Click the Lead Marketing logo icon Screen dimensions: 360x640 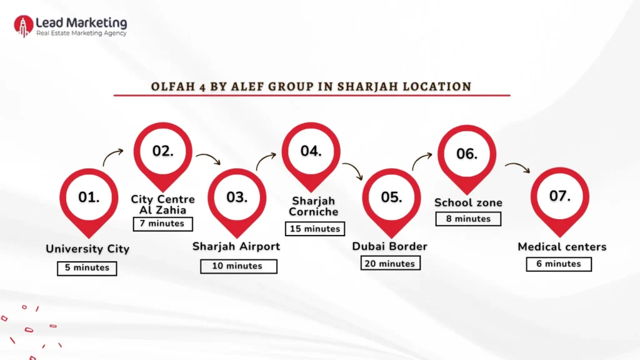(24, 26)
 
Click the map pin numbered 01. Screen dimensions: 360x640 (89, 198)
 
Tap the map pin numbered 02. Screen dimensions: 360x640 (163, 152)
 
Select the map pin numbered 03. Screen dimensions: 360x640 (237, 198)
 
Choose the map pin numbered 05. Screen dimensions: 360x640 (391, 198)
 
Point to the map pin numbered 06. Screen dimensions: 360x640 (466, 154)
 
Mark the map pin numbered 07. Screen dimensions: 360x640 (559, 197)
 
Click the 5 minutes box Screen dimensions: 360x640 (87, 268)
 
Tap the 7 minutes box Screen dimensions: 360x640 (162, 224)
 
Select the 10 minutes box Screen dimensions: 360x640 (238, 266)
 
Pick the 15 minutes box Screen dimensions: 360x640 (315, 229)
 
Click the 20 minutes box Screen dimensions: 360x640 (391, 264)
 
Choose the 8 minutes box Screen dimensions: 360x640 (468, 219)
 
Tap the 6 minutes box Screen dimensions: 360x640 (559, 264)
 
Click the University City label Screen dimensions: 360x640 (87, 249)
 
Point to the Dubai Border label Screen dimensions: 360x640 (390, 246)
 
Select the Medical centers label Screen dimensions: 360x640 (562, 247)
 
